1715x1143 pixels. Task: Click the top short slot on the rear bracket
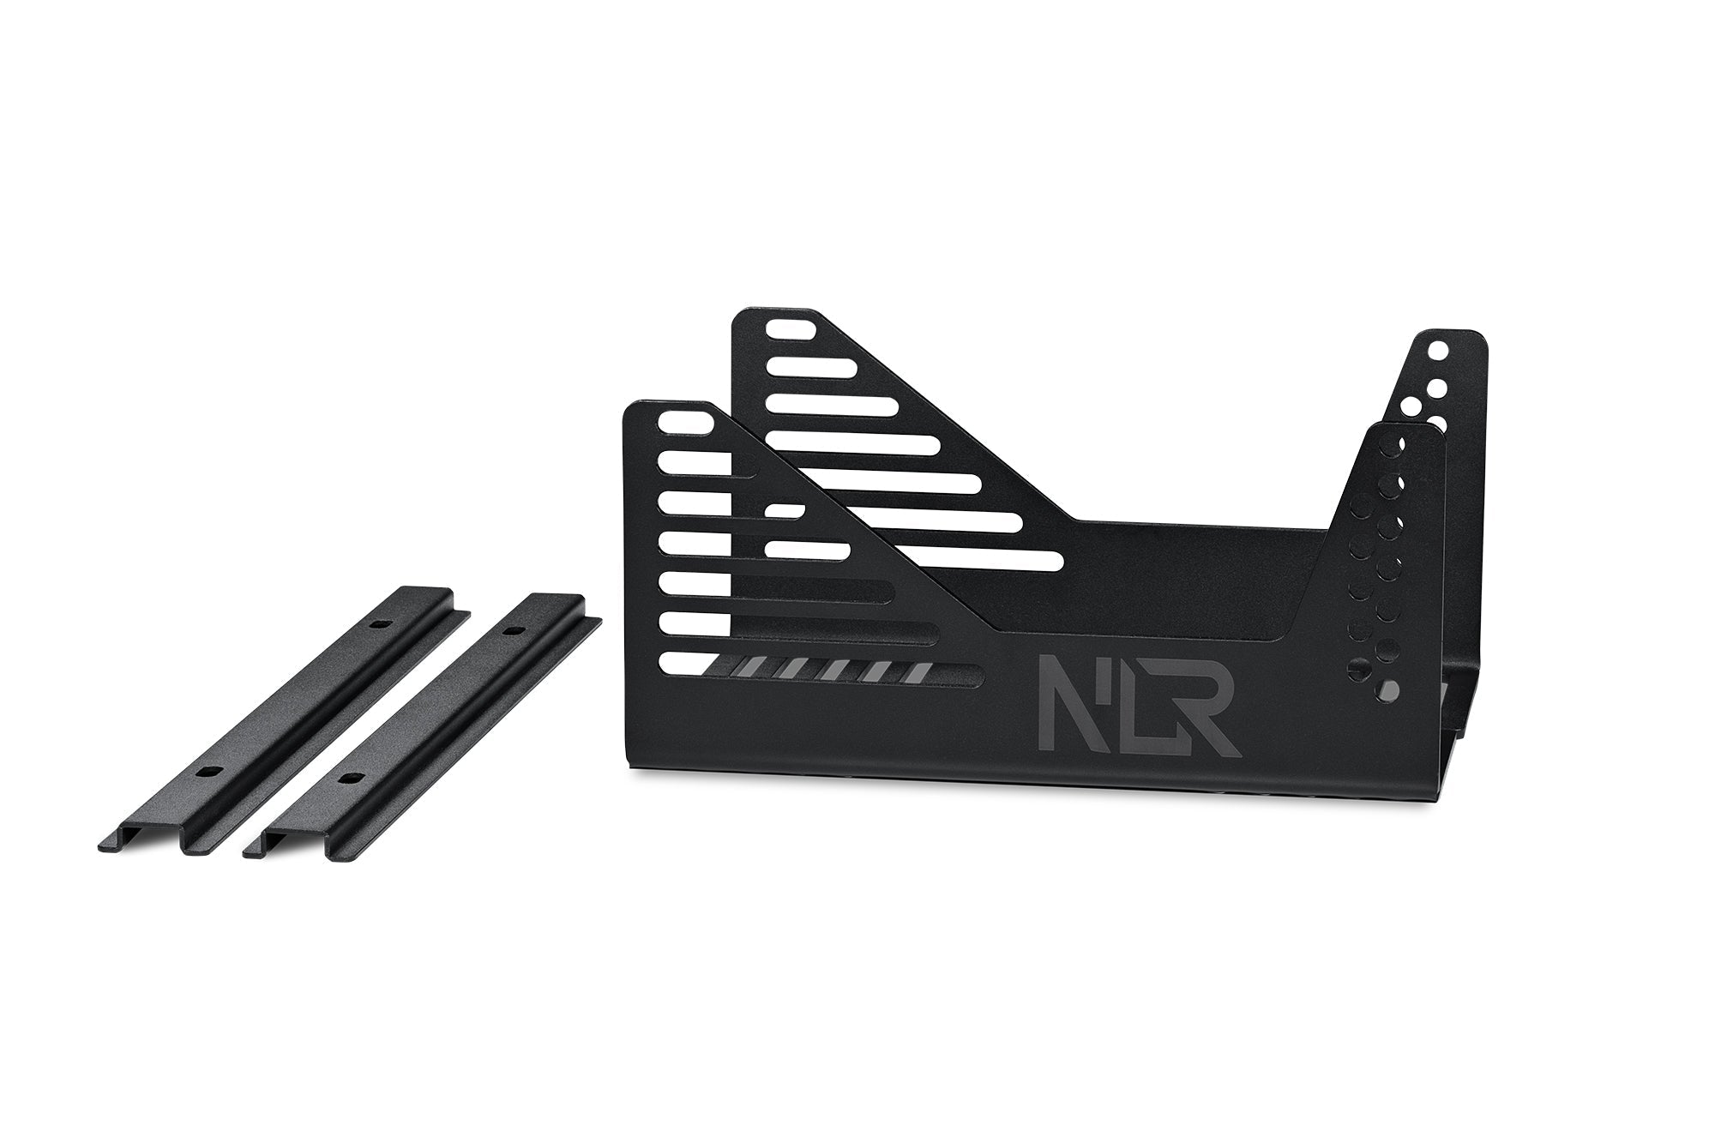(791, 329)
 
